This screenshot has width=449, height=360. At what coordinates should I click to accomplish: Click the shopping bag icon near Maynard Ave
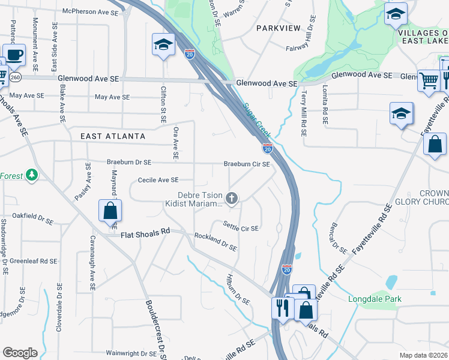[110, 211]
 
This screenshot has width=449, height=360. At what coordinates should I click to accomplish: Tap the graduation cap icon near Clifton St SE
[163, 45]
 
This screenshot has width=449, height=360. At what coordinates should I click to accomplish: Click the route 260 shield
[15, 77]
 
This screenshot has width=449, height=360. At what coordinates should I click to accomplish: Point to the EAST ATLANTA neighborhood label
[113, 136]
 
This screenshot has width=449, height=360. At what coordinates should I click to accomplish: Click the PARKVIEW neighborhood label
[277, 28]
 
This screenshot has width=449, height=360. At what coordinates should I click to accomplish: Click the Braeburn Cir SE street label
[247, 164]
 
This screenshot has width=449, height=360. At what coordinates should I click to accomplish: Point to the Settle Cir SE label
[240, 228]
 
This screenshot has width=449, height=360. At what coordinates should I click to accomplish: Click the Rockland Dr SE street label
[215, 242]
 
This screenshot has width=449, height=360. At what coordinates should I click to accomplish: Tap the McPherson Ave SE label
[91, 11]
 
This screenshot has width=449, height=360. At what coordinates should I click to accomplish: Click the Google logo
[20, 353]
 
